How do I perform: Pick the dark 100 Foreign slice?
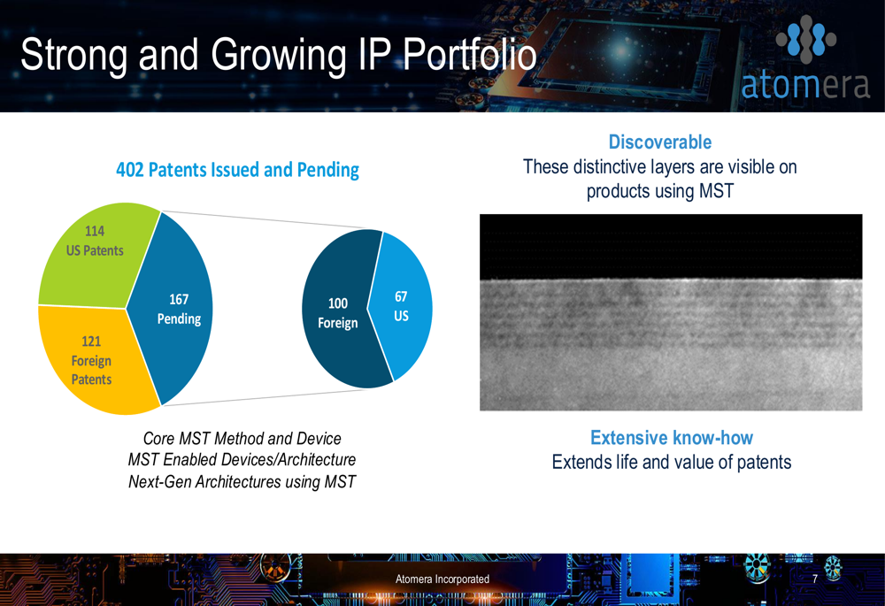coord(339,311)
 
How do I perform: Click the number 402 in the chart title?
coord(130,170)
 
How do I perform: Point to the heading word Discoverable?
coord(660,142)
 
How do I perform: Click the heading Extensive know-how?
coord(672,438)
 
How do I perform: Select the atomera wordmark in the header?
coord(805,85)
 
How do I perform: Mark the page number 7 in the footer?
coord(815,579)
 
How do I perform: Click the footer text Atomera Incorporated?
coord(442,579)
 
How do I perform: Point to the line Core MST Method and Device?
coord(242,439)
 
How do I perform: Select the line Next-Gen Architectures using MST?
coord(242,482)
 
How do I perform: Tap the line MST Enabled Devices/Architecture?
coord(242,460)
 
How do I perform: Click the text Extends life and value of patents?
coord(672,462)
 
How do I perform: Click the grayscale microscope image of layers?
coord(671,312)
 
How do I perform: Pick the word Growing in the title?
coord(279,56)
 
